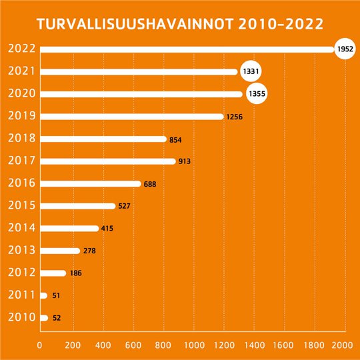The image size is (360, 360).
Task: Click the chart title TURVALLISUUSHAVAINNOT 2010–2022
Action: tap(180, 25)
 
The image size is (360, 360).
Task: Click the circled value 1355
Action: tap(256, 94)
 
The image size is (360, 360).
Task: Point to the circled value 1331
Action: tap(250, 71)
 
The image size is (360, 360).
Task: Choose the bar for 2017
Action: tap(107, 161)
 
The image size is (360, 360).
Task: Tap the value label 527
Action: tap(124, 206)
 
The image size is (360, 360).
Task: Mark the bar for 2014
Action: tap(69, 229)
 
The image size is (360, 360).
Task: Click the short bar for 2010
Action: tap(44, 318)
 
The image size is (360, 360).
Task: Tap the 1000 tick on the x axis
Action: tap(193, 345)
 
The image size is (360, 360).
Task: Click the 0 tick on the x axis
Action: tap(40, 345)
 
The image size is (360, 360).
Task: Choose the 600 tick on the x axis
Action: tap(132, 345)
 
